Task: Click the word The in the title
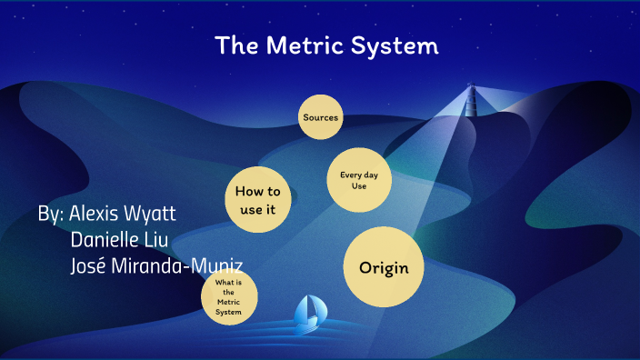[238, 45]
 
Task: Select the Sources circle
[320, 117]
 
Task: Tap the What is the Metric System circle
[229, 299]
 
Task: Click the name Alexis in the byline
[98, 215]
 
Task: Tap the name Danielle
[106, 240]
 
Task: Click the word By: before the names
[51, 215]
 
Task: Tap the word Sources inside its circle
[320, 117]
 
